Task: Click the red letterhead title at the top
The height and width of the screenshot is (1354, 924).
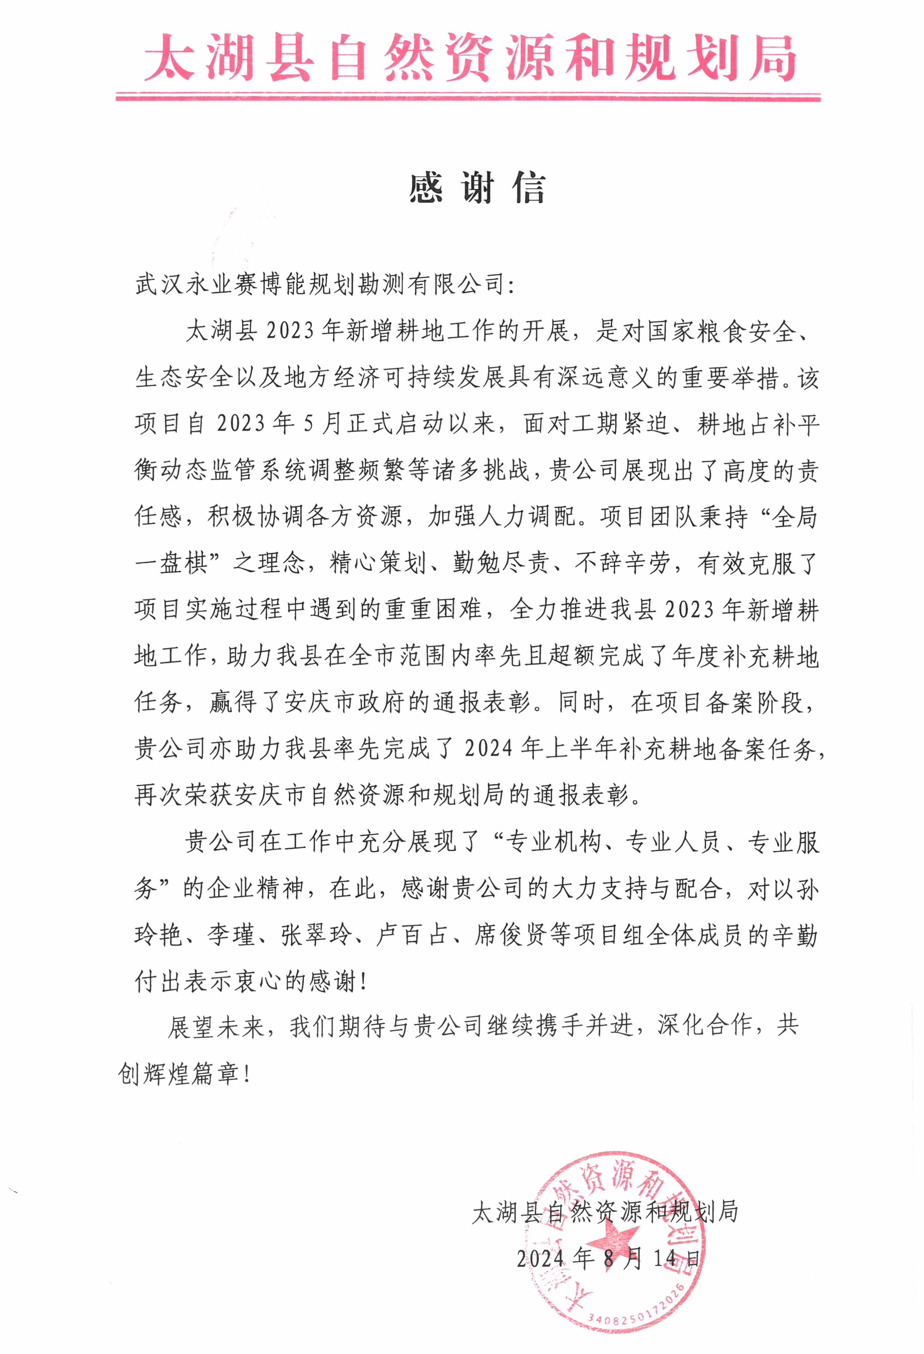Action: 469,58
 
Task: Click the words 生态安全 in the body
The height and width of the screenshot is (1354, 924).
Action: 184,378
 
